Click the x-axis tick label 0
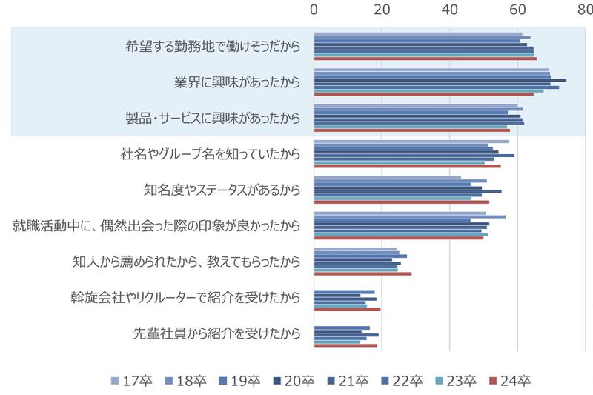click(x=314, y=10)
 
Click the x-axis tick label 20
click(x=382, y=10)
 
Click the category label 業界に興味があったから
click(x=236, y=82)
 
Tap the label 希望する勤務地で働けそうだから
click(x=213, y=46)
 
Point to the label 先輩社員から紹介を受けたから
click(x=217, y=333)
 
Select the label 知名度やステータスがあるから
click(x=222, y=190)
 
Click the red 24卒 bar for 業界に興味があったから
click(x=423, y=94)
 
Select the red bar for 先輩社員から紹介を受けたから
click(x=345, y=345)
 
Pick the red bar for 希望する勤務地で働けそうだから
click(x=425, y=58)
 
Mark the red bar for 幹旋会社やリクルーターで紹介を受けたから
click(x=347, y=310)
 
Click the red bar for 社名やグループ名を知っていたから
click(x=407, y=166)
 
